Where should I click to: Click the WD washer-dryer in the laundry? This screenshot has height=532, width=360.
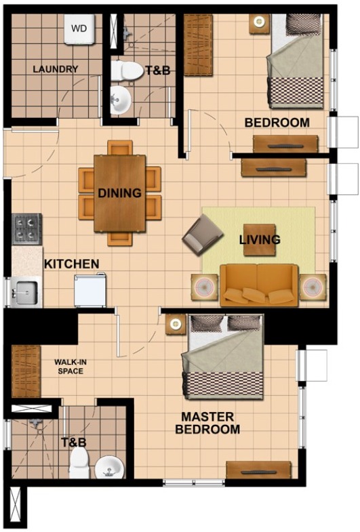[80, 30]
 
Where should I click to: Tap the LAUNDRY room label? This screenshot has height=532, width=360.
[56, 69]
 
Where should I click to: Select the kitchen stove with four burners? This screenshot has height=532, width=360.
[27, 229]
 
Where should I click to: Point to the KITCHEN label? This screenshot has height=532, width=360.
[72, 264]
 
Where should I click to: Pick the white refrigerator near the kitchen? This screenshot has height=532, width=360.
[90, 291]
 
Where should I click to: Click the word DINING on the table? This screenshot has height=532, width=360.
[120, 193]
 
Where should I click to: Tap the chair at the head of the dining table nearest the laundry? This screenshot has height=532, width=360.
[120, 148]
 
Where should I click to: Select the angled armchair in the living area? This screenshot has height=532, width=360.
[202, 236]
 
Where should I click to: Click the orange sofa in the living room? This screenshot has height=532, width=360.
[259, 285]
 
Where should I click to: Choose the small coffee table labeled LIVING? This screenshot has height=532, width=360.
[260, 240]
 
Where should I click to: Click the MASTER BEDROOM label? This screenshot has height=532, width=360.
[207, 423]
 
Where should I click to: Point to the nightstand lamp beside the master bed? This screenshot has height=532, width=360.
[176, 325]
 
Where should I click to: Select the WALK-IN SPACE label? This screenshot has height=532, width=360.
[71, 367]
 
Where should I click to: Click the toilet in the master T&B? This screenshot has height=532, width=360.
[79, 463]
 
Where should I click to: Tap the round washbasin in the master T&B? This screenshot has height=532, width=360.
[109, 467]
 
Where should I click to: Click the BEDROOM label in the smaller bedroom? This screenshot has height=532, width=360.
[277, 123]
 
